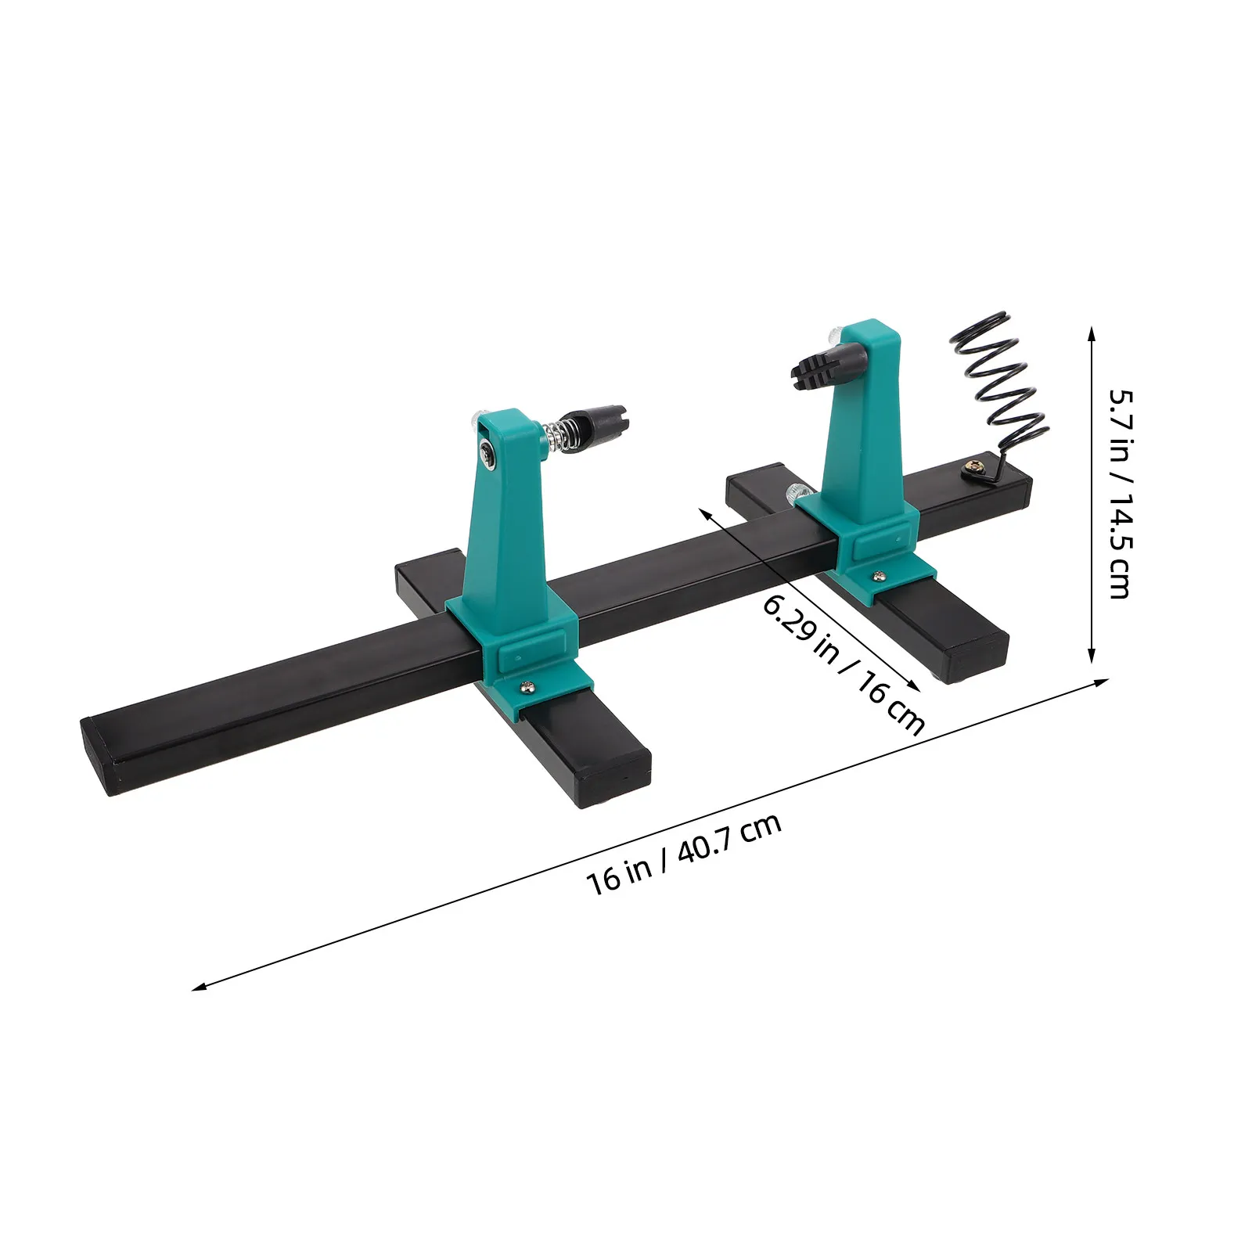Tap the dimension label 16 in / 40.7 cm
[x=684, y=854]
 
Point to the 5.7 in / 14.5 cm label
[x=1120, y=494]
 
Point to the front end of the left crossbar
[x=615, y=778]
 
